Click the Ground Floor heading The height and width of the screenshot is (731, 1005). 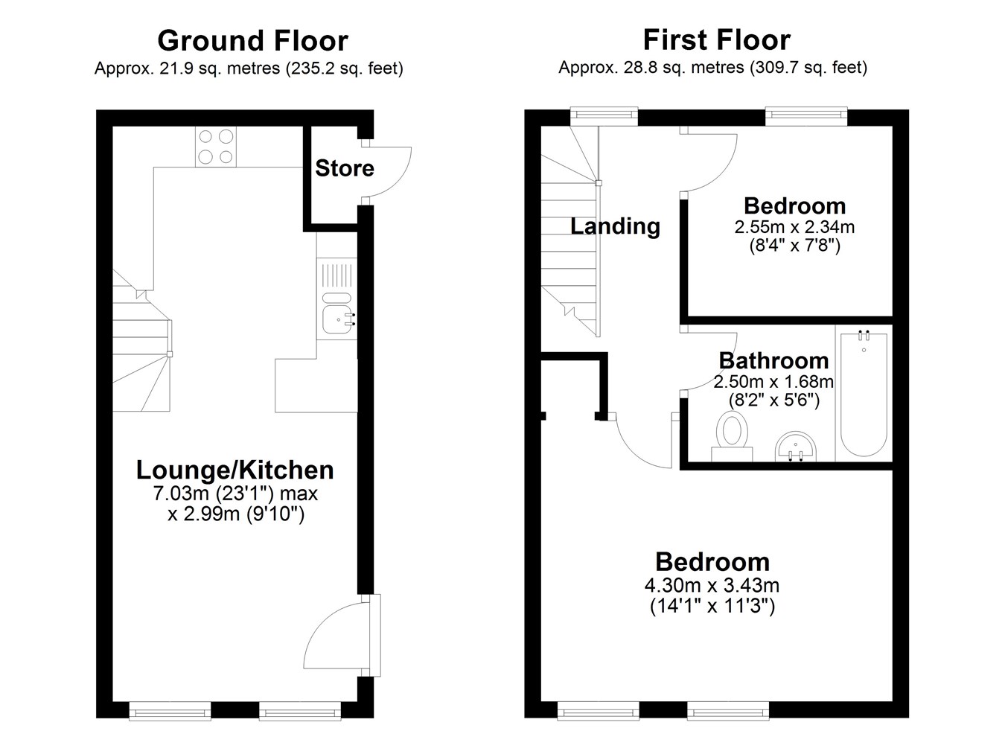click(252, 41)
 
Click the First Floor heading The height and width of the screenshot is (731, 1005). click(716, 40)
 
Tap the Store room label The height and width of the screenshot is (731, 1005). click(345, 168)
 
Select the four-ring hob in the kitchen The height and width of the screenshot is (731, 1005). click(216, 147)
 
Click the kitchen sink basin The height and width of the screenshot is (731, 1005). click(338, 319)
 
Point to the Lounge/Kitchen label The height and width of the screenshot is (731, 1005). click(234, 470)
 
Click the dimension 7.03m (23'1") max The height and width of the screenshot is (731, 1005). click(235, 494)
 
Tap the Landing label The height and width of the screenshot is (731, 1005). click(615, 226)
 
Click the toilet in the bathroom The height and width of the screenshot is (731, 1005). click(732, 435)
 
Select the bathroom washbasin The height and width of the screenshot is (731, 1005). click(795, 447)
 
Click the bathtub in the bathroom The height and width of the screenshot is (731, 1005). click(864, 393)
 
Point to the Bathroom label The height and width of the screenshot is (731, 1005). click(773, 361)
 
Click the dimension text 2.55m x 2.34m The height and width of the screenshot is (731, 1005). click(794, 227)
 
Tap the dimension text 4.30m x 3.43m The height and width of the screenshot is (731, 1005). click(712, 585)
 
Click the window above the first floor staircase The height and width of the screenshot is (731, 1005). click(604, 115)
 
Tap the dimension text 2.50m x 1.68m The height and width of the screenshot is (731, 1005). click(773, 382)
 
